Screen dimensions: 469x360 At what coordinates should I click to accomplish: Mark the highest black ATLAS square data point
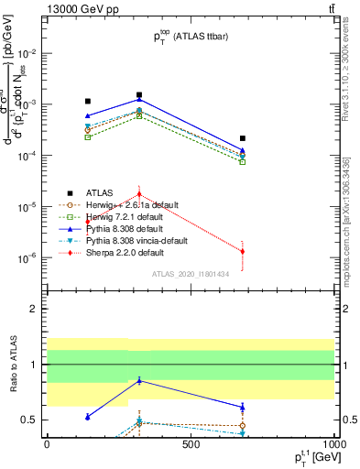139,94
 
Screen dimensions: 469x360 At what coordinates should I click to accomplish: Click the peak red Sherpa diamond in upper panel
139,194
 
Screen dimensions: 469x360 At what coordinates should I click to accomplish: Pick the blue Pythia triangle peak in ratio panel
139,380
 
